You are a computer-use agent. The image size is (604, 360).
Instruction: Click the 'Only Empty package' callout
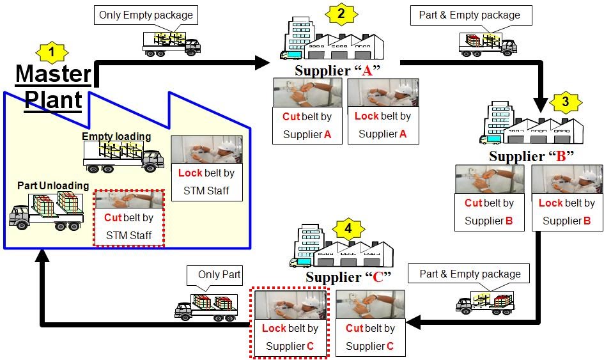[145, 15]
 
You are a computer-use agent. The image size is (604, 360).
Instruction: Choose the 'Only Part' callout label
[219, 275]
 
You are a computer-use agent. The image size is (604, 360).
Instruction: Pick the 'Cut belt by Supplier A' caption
[307, 125]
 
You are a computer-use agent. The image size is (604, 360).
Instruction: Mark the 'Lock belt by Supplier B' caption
[566, 212]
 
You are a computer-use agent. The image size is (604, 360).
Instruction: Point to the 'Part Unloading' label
[53, 185]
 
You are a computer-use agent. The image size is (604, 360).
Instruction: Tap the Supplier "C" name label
[348, 277]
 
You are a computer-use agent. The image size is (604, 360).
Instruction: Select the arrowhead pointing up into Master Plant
[42, 256]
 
